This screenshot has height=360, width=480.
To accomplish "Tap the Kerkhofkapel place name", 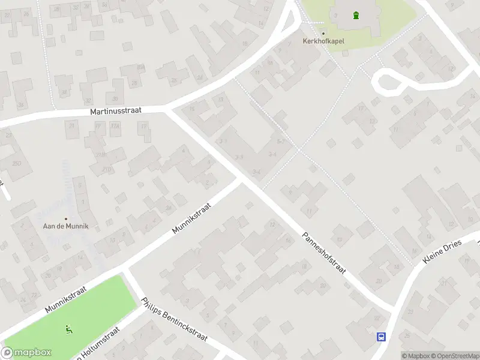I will pos(323,41).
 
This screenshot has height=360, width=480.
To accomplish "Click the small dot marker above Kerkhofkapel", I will pos(323,33).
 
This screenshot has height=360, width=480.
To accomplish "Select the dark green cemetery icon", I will pos(356,16).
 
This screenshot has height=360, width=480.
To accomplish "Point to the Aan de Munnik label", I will pos(66,226).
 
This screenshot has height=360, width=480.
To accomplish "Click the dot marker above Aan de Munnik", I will pos(66,218).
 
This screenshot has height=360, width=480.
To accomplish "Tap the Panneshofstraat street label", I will pos(324,253).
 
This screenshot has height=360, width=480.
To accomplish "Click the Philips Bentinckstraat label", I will pos(174,319).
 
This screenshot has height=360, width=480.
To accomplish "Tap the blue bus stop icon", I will pos(381,337).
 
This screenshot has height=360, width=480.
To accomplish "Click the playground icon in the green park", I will pos(68,329).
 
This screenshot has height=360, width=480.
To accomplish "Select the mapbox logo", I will pos(26,353).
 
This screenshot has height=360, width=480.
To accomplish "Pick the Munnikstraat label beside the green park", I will pos(65,299).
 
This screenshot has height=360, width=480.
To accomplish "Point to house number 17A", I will pos(115,125).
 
